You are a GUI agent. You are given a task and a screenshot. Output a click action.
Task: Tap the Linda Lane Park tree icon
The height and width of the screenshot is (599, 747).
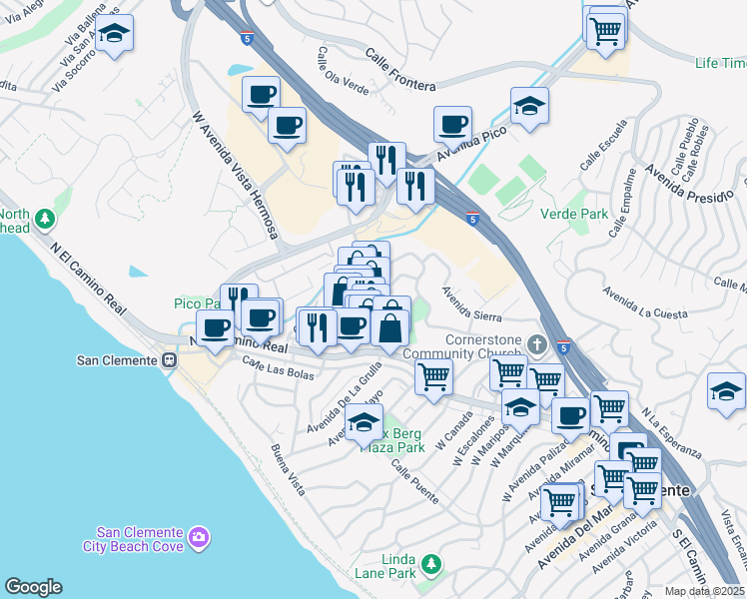coord(431,564)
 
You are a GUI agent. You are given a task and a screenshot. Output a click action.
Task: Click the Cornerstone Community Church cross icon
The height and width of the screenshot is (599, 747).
coord(537,345)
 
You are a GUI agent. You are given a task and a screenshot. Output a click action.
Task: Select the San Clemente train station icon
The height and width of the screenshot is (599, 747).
coord(169,360)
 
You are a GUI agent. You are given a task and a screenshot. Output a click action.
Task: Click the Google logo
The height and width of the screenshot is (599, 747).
coord(33,587)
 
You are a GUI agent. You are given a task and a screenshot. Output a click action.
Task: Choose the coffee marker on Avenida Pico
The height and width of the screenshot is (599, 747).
coord(452,124)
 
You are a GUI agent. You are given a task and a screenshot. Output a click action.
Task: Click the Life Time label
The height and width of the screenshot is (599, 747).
coord(720,63)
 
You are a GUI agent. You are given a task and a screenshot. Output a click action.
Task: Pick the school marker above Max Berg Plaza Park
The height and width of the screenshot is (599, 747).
coord(365,422)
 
